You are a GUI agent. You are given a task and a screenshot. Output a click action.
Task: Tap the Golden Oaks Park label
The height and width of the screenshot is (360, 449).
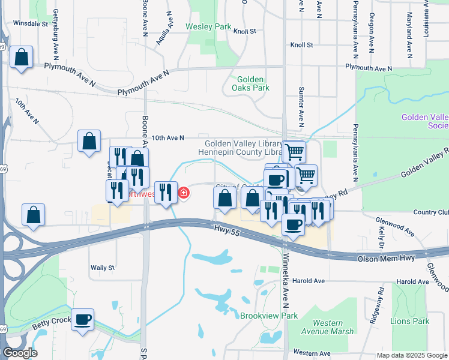(253, 83)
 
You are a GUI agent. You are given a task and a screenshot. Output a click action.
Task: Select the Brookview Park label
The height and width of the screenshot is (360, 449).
(269, 316)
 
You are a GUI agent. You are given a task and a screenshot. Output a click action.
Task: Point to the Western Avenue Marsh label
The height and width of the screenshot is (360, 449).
(328, 327)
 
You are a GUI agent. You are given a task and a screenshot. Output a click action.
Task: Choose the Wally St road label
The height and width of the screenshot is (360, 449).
(102, 268)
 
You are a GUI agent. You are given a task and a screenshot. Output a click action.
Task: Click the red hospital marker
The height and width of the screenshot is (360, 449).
(183, 193)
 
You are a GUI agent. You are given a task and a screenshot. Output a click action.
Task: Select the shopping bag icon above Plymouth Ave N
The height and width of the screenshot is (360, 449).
(22, 58)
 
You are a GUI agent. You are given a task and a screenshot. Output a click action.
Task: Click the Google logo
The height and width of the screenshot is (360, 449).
(19, 353)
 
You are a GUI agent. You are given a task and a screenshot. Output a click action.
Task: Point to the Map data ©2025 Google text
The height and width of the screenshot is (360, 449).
(411, 355)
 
